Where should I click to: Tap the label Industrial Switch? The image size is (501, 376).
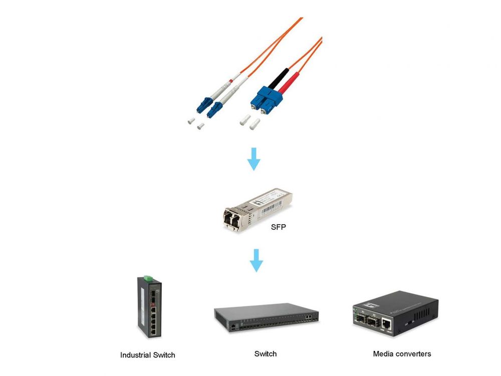[148, 355]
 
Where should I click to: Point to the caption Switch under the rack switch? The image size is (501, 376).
[265, 354]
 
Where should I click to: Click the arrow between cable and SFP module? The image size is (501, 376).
[255, 159]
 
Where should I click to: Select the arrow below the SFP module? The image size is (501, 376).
[256, 261]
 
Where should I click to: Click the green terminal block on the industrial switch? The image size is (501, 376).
[147, 277]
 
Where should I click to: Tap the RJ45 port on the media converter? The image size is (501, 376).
[387, 323]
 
